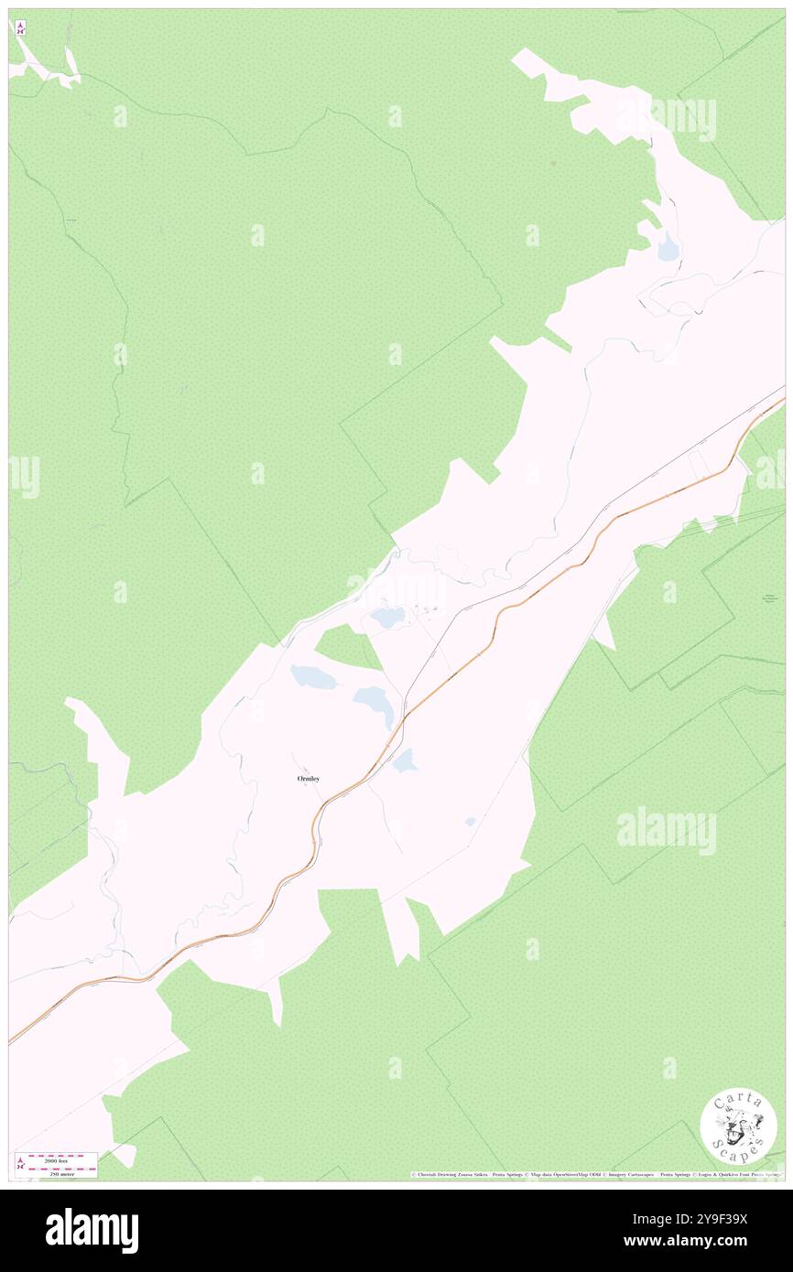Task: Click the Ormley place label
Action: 309,779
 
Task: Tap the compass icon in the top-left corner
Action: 20,27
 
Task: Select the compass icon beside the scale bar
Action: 20,1164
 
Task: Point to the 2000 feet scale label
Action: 62,1158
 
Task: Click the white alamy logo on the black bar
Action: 92,1230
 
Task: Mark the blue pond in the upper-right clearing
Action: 668,245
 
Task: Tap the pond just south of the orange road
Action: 404,760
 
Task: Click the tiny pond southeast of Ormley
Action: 471,821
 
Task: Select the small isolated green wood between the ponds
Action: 347,646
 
